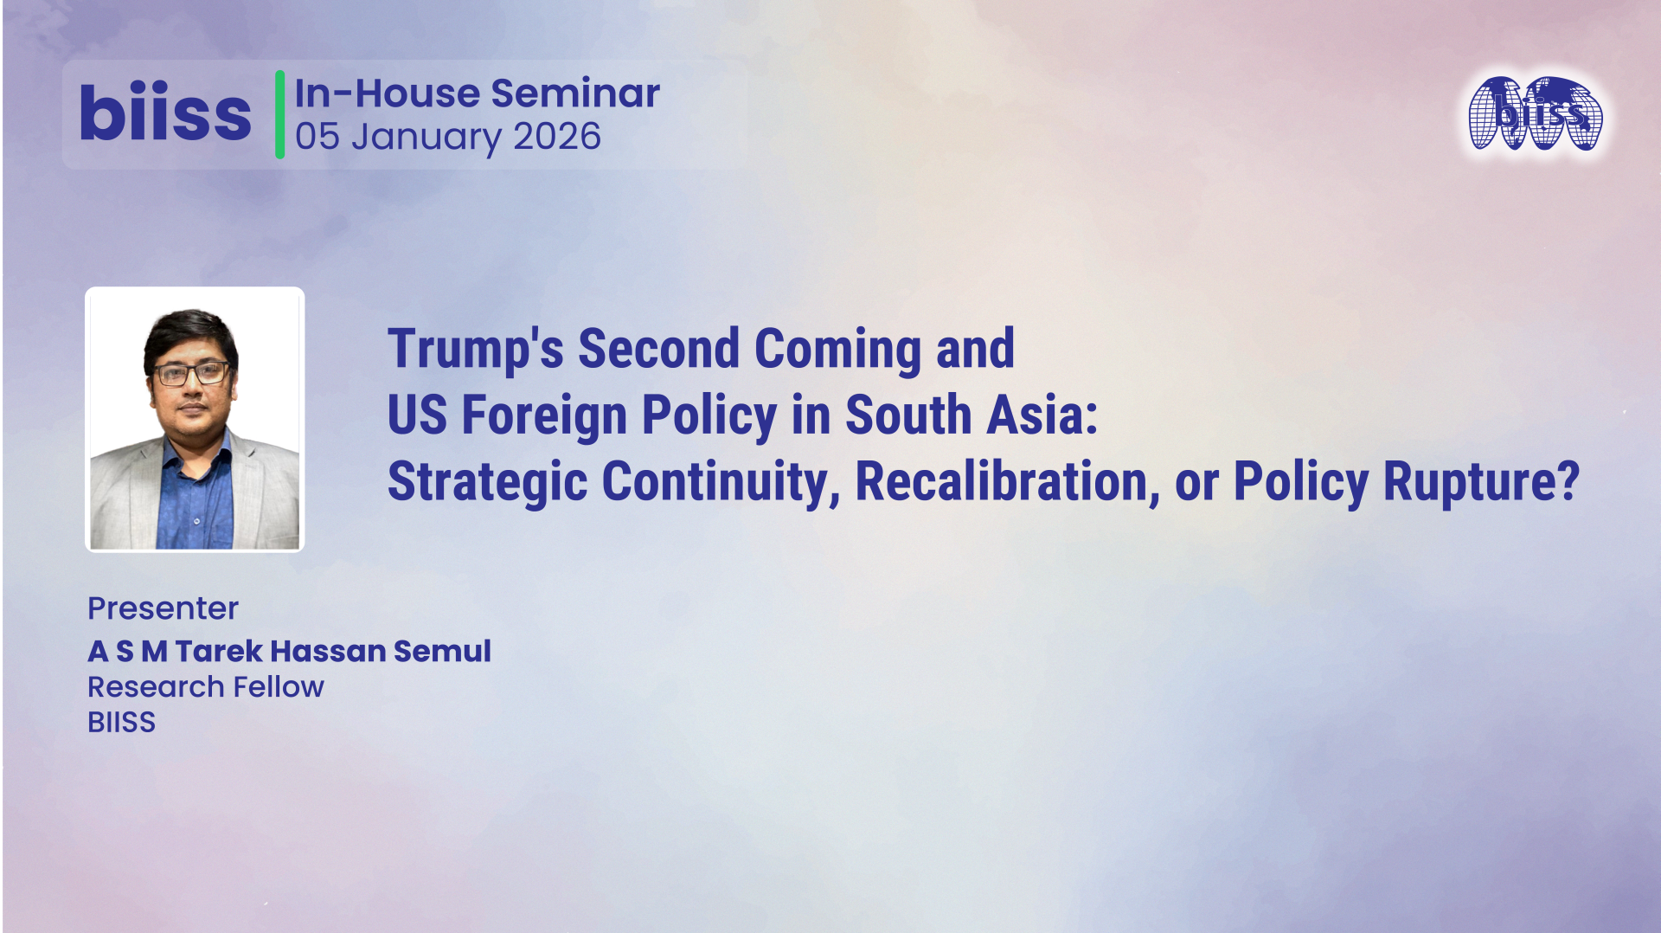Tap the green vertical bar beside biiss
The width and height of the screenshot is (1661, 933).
(x=279, y=115)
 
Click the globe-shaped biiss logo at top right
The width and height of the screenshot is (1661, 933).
(x=1536, y=114)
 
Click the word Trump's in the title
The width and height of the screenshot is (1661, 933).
(x=475, y=349)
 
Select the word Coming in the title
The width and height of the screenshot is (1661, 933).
(x=837, y=349)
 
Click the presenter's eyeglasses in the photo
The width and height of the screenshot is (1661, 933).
(x=192, y=374)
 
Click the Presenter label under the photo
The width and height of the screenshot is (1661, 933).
(x=163, y=608)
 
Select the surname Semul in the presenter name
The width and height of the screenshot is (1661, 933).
(x=442, y=651)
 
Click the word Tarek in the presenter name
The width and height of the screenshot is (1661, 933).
(x=219, y=651)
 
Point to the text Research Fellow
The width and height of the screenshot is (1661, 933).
(x=206, y=687)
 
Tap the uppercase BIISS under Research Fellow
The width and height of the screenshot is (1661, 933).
(x=121, y=723)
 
